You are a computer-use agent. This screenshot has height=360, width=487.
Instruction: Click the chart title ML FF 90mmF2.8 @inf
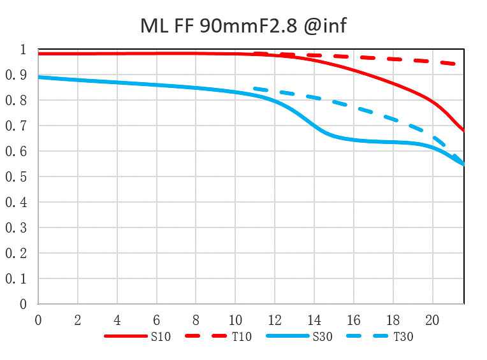(243, 26)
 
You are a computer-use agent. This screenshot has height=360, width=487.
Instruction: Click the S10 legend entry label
(161, 336)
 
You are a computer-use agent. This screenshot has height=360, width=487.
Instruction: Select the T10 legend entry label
(242, 336)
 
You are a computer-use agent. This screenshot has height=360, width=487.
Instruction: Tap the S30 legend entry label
(322, 336)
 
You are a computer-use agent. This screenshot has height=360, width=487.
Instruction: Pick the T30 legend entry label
(403, 336)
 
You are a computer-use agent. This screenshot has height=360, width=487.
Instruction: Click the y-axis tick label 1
(23, 50)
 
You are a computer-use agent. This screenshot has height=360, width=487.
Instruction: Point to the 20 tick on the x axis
(432, 319)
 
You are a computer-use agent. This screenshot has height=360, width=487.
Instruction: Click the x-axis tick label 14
(314, 319)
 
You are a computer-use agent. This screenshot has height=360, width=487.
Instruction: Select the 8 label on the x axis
(196, 319)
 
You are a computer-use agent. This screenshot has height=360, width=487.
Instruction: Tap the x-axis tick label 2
(78, 319)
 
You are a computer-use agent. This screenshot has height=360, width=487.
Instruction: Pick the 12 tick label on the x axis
(275, 319)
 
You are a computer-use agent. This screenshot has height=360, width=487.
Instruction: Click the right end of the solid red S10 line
(463, 131)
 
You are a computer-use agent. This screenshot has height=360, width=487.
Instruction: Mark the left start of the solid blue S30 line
(39, 77)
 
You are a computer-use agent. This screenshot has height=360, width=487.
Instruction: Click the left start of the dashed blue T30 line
(254, 88)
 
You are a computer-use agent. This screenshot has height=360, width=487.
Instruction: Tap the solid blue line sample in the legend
(287, 336)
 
